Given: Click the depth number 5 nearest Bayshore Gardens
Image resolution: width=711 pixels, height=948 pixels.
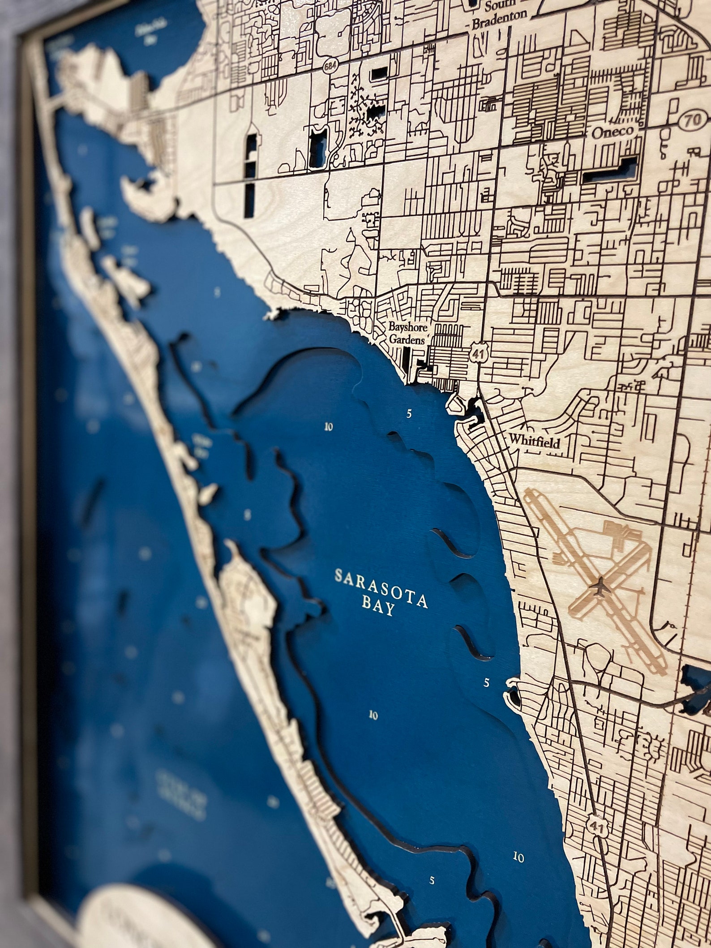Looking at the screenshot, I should [408, 414].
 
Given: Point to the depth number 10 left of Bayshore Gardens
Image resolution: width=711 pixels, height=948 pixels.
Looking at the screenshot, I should [329, 427].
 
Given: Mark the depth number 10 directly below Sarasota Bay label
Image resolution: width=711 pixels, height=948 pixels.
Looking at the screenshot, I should [373, 715].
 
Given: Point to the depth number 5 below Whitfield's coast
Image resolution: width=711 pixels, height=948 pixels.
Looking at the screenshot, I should [487, 682].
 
